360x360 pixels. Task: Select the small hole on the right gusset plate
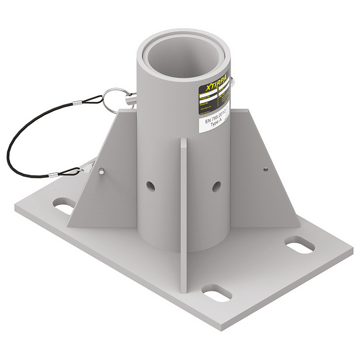264,168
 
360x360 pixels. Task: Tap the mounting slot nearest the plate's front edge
216,292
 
